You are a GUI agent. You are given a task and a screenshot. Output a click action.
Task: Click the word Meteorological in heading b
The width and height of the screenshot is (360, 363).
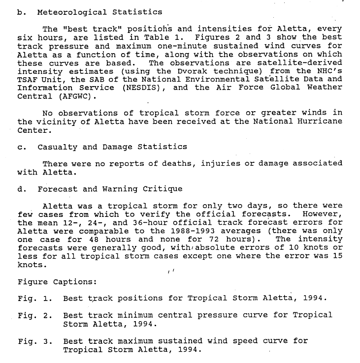tap(70, 12)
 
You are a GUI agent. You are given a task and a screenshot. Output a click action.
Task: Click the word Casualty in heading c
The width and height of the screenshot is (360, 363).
tap(57, 147)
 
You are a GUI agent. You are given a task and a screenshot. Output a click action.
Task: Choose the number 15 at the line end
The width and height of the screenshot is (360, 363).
tap(337, 256)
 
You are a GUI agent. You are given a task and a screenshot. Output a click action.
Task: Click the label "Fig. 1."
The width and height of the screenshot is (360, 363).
tap(34, 299)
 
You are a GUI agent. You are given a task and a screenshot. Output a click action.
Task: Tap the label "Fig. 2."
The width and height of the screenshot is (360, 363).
tap(34, 315)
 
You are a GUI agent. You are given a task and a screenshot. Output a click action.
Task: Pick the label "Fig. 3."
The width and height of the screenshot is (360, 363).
tap(34, 341)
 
